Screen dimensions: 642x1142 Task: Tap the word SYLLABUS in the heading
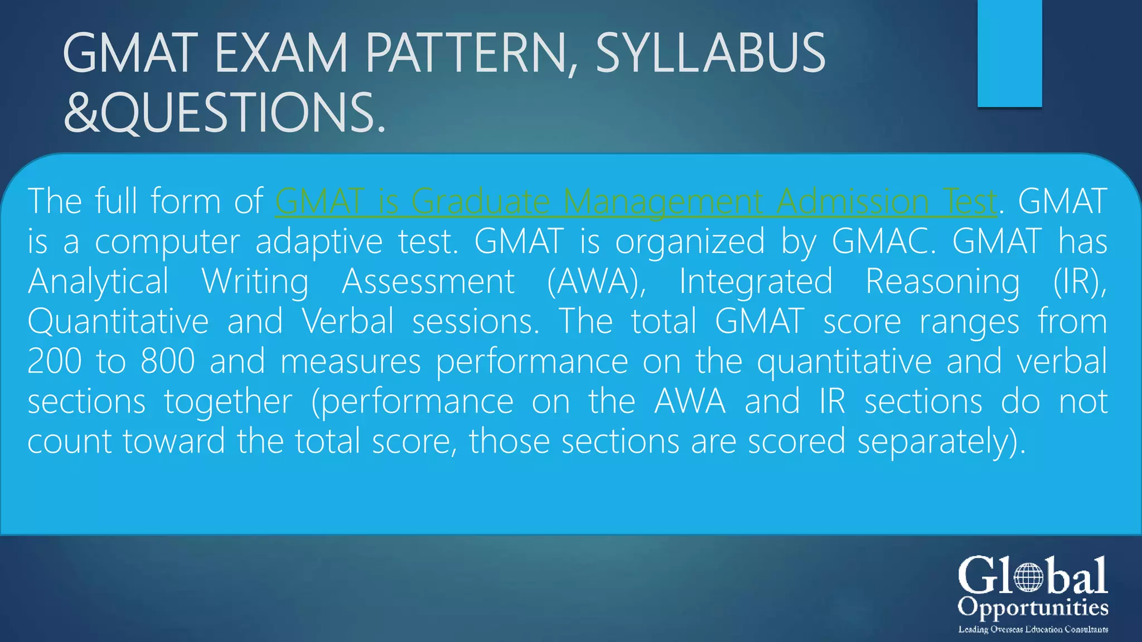coord(710,53)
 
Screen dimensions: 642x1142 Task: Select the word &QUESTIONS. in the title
coord(224,113)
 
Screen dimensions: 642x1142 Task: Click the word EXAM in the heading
coord(281,53)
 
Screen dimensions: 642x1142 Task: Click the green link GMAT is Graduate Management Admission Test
coord(636,201)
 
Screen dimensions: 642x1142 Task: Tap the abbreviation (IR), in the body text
coord(1080,281)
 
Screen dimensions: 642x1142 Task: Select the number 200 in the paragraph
coord(55,362)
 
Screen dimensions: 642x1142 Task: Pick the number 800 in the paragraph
coord(167,362)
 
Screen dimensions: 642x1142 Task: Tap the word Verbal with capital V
coord(348,322)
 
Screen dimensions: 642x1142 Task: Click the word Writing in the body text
coord(255,281)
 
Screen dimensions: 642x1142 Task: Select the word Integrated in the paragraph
coord(756,281)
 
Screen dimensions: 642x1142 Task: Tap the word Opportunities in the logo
coord(1033,608)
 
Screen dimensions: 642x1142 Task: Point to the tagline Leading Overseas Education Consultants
coord(1033,629)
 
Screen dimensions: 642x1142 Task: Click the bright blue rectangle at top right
coord(1009,53)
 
